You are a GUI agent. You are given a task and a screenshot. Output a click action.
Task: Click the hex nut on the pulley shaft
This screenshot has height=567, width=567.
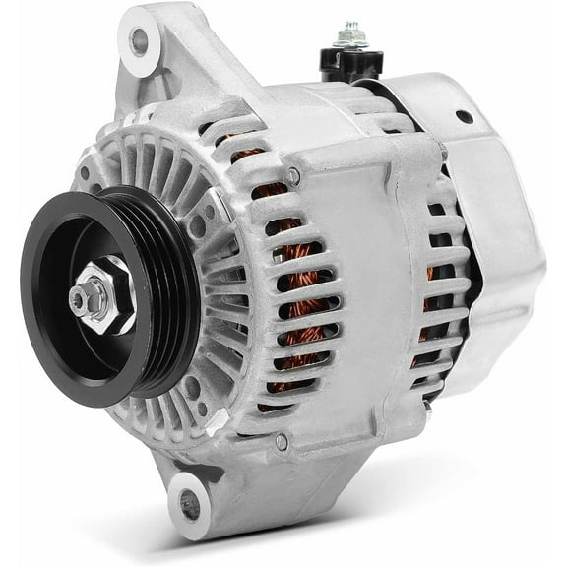coord(109,298)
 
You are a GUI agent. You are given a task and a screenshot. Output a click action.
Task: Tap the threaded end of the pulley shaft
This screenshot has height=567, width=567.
coord(79,295)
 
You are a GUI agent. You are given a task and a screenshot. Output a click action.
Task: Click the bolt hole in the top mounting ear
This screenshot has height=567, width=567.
coord(139,41)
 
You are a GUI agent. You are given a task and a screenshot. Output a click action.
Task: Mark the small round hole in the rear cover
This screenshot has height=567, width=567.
coord(462,116)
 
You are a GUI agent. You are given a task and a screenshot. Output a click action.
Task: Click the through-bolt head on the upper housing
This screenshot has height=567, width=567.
coord(293,175)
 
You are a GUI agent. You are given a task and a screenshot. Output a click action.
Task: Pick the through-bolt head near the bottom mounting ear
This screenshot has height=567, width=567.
coord(282,444)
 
